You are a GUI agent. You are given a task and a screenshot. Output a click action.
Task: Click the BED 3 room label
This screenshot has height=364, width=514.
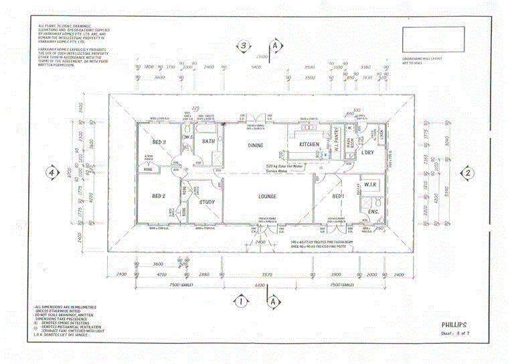coord(159,142)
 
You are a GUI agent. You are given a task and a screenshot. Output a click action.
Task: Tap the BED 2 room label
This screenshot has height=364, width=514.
coord(159,196)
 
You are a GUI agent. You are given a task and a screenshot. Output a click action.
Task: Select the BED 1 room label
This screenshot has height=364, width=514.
coord(339,196)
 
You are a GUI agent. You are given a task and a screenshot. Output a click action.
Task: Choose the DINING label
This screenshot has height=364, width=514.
coord(256,145)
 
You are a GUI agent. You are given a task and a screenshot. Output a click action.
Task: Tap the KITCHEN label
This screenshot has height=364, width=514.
coord(309,145)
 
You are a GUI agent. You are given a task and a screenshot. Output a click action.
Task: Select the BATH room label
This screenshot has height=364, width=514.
coord(209,141)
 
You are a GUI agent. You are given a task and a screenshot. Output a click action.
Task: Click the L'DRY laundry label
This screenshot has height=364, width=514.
coord(367,152)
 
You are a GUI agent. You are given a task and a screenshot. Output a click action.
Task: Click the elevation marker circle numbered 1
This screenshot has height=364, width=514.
coord(240,302)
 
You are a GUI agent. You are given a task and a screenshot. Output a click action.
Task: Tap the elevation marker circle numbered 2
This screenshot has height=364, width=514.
coord(468,172)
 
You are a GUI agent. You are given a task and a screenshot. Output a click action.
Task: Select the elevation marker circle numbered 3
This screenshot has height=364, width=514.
coord(245,46)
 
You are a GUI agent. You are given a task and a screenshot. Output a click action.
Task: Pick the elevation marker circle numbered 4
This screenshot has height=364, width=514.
coord(50,172)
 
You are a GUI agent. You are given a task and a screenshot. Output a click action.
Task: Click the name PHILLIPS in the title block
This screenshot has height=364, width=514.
coord(454,325)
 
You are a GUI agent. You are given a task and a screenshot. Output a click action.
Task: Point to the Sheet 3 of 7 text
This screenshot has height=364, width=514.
coord(454,333)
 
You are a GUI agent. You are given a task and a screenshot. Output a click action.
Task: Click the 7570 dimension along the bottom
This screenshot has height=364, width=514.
coord(267,275)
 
